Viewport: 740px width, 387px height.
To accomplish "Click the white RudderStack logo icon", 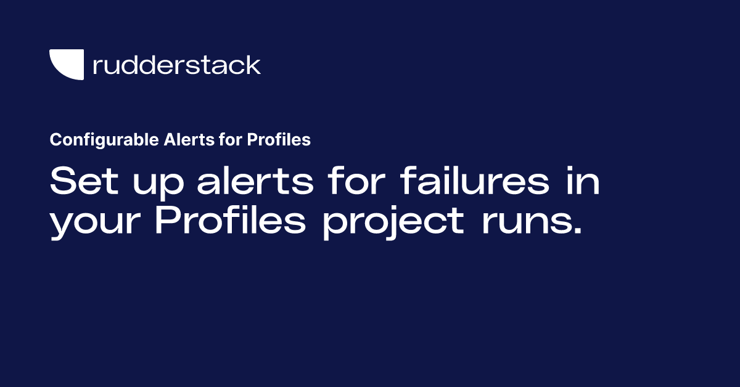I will (x=66, y=65).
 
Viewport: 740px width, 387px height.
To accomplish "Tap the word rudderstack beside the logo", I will (x=176, y=65).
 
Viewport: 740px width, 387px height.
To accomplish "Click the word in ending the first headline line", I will (x=580, y=181).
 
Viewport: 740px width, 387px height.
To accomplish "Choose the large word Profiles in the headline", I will (x=230, y=220).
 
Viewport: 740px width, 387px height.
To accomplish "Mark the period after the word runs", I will (x=576, y=232).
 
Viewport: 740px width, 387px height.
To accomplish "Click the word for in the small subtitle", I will (x=228, y=140).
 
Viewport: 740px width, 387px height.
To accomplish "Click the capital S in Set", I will (x=61, y=181).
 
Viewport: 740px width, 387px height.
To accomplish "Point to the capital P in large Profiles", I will (x=166, y=220).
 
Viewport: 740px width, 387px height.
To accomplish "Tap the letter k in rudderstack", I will (x=253, y=65).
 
